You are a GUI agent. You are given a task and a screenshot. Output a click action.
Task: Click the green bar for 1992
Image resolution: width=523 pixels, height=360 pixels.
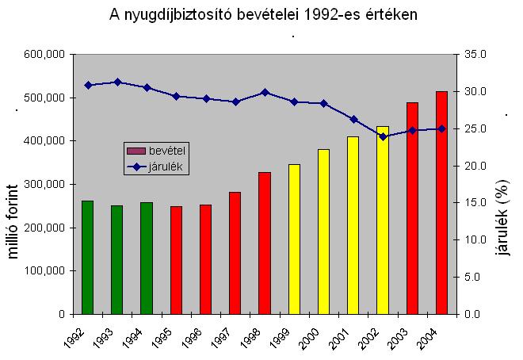point(87,257)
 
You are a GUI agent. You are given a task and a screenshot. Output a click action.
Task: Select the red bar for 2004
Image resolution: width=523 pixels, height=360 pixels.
point(442,202)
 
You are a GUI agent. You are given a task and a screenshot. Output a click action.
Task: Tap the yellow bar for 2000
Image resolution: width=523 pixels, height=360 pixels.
point(323,231)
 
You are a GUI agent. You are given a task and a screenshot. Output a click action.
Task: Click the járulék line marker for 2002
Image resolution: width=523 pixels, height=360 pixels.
point(383,136)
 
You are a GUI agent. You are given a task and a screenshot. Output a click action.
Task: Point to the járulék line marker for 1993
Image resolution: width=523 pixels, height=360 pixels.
point(117,82)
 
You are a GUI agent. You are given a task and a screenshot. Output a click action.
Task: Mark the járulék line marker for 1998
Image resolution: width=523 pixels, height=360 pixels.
point(265,92)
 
